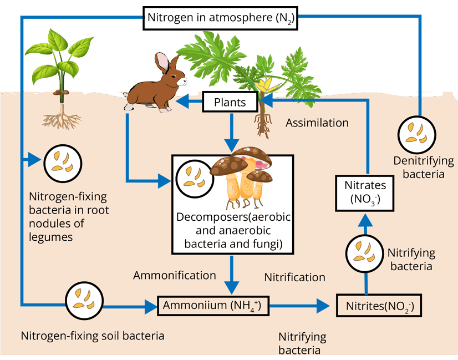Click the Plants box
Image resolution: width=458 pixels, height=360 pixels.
point(230,103)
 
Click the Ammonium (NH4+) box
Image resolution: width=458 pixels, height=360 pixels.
point(213,305)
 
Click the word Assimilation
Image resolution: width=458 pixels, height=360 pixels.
point(317,123)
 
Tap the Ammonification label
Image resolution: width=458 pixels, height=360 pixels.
point(175,275)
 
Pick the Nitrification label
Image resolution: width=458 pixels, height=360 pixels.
point(294,277)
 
